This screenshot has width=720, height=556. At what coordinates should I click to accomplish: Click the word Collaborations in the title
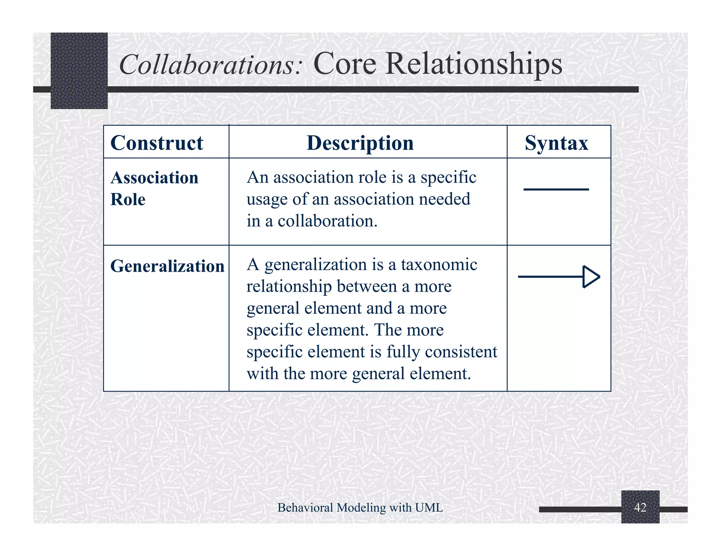(210, 65)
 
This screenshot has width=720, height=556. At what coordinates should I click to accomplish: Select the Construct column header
(157, 143)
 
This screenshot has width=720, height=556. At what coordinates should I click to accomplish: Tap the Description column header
(360, 143)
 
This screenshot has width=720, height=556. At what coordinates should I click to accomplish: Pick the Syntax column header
(556, 143)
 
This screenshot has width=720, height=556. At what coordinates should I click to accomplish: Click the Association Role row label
(154, 188)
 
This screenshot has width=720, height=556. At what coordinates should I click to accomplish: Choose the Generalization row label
(167, 266)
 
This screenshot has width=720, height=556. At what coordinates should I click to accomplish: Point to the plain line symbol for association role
(556, 189)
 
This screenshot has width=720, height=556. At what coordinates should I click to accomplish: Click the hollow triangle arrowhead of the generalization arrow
(591, 277)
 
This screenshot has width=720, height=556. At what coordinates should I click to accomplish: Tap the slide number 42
(640, 507)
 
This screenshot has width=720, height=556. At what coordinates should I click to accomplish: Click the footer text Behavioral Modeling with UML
(360, 507)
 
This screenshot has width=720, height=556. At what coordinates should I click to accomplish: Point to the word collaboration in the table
(327, 221)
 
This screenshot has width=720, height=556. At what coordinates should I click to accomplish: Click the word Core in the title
(345, 64)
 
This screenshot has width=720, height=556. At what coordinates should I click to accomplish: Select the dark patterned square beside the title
(79, 71)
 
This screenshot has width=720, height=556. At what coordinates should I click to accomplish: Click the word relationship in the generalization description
(289, 286)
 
